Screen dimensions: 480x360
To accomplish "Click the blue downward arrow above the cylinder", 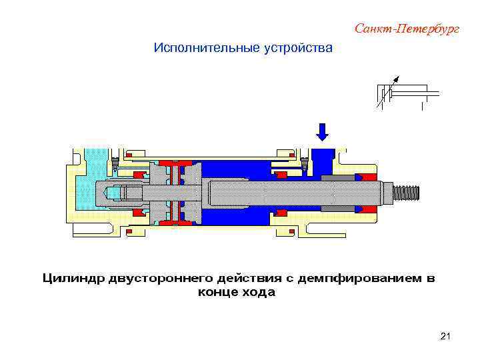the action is click(323, 131).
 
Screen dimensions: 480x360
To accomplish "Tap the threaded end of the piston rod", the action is click(407, 193).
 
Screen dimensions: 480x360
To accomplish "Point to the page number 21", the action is click(446, 337).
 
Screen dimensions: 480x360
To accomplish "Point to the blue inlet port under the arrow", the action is click(324, 159).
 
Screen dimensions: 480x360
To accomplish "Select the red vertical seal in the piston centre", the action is click(175, 193).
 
